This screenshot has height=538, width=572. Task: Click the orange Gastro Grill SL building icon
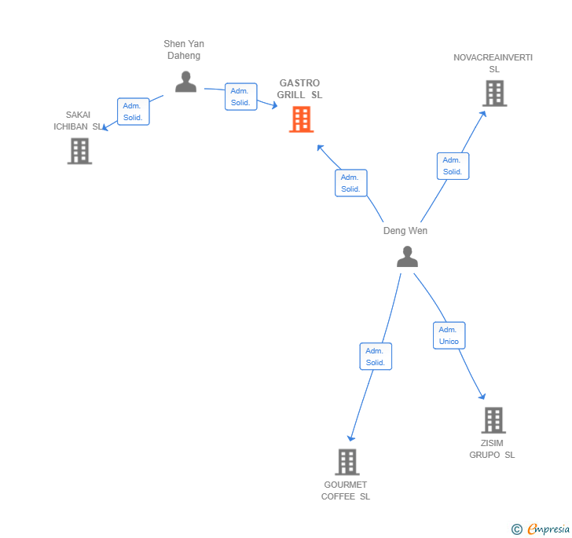301,119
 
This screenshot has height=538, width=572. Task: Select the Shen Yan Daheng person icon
185,82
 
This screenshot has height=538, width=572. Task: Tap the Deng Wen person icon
407,257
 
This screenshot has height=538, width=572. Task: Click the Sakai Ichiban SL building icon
79,151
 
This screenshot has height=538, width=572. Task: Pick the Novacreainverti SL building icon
493,93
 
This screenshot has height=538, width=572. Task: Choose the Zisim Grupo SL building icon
493,420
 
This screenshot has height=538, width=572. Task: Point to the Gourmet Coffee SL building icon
346,462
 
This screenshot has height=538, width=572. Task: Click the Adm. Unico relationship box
449,335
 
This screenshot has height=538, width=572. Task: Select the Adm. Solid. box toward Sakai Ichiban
133,112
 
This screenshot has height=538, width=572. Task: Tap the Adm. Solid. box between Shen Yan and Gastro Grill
240,97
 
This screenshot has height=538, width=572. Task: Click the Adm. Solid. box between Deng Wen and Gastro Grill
350,183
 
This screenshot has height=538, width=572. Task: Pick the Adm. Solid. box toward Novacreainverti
452,166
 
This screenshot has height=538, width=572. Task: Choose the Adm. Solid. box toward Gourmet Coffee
375,357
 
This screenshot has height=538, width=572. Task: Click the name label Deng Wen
405,231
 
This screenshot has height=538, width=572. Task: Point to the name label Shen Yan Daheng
184,49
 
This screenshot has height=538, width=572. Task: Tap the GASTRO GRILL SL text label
299,89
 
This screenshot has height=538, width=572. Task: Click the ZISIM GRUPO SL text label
493,448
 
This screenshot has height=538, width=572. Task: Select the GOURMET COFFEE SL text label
346,490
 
